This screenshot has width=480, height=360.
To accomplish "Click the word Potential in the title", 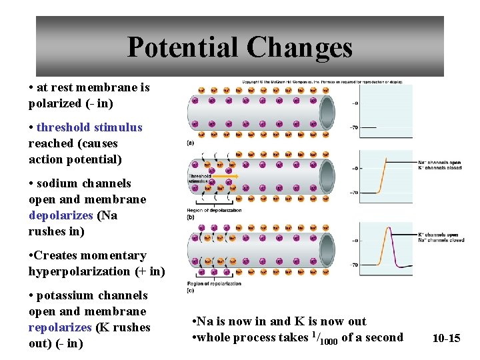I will tap(183, 47).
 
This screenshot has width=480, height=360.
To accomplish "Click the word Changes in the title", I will tap(299, 47).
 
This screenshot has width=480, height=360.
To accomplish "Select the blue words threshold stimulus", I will tap(89, 127).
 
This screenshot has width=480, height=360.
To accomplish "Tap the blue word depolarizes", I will tap(61, 215).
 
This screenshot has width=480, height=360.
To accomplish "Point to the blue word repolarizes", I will tap(60, 327).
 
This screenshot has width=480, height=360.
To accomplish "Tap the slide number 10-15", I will tap(446, 338).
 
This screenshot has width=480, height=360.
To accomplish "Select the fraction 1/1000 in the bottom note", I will tap(325, 337).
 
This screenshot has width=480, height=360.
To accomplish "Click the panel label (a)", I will tap(191, 143).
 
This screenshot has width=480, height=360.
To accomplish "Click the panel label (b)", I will tap(191, 217).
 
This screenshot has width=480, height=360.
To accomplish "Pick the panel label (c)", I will tap(191, 291).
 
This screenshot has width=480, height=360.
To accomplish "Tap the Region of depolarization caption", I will tap(214, 211).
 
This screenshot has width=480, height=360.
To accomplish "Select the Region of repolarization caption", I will tap(213, 284).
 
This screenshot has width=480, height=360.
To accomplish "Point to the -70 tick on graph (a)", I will tap(354, 127).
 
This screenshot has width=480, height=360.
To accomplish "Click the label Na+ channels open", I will tap(439, 162).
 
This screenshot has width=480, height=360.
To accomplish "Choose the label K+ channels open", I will tap(439, 235).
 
